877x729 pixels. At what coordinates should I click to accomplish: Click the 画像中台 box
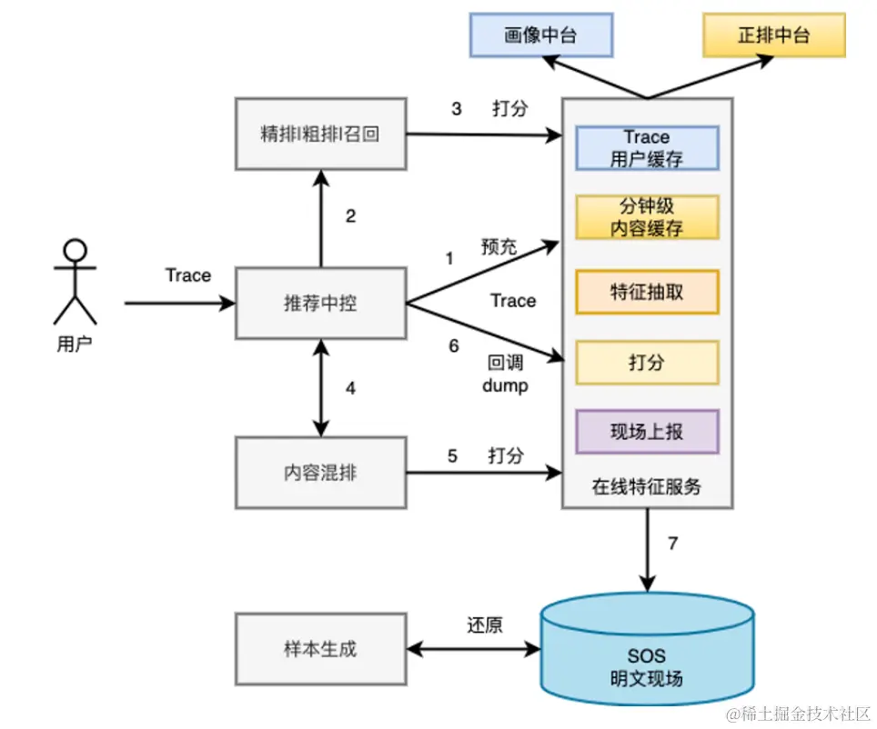point(540,36)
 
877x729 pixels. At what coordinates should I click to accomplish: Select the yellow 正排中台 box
point(773,36)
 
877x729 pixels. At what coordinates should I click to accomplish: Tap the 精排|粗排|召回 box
point(319,135)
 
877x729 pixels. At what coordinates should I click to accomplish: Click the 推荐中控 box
point(319,304)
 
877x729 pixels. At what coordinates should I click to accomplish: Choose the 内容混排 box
point(319,473)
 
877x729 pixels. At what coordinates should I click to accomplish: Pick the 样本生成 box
point(319,649)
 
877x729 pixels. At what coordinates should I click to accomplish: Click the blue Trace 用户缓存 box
point(647,148)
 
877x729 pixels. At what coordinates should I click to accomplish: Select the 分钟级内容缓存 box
point(647,217)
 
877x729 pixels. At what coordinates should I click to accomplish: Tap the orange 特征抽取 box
point(647,292)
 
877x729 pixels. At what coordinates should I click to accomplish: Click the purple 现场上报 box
point(647,432)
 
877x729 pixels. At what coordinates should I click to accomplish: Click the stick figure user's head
point(75,251)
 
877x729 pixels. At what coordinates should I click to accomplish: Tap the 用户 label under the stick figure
point(75,344)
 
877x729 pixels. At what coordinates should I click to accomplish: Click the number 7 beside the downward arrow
point(673,544)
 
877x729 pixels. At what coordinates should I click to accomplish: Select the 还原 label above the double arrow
point(485,625)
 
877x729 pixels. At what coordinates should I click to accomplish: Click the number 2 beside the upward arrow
point(350,216)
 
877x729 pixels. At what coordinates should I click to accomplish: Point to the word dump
point(506,385)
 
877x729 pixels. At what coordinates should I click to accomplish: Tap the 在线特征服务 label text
point(647,486)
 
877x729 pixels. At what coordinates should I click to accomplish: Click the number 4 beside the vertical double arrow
point(350,389)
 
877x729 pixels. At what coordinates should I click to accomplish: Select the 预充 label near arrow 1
point(499,245)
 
